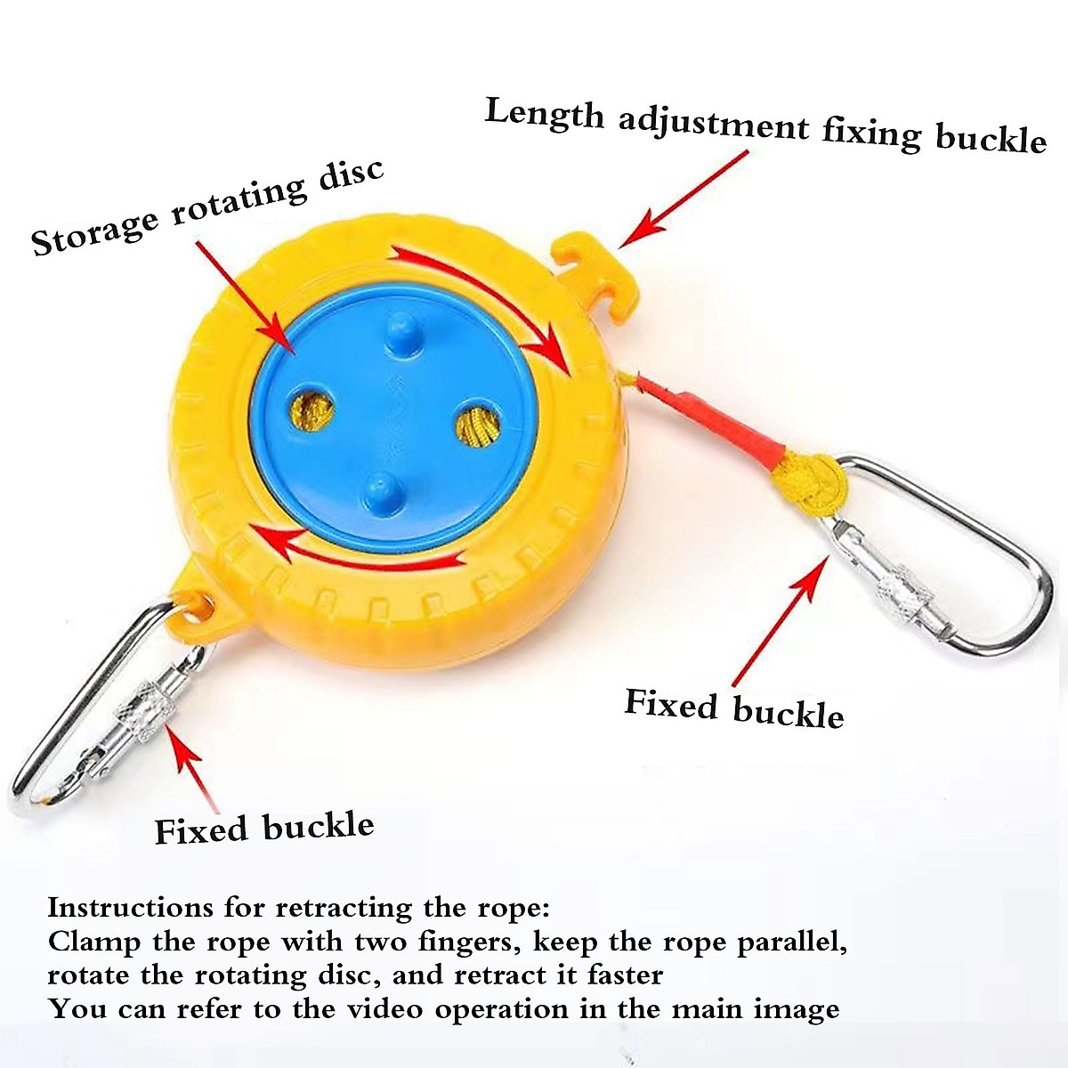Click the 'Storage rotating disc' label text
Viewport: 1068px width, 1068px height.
[x=206, y=208]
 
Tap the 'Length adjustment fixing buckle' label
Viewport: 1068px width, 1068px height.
[x=765, y=126]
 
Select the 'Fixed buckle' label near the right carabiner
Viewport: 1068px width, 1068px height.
[x=734, y=708]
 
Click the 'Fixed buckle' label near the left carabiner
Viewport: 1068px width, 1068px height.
[x=264, y=828]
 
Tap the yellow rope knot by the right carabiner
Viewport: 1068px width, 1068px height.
[x=808, y=483]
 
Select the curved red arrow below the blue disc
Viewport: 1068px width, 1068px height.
[x=356, y=547]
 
